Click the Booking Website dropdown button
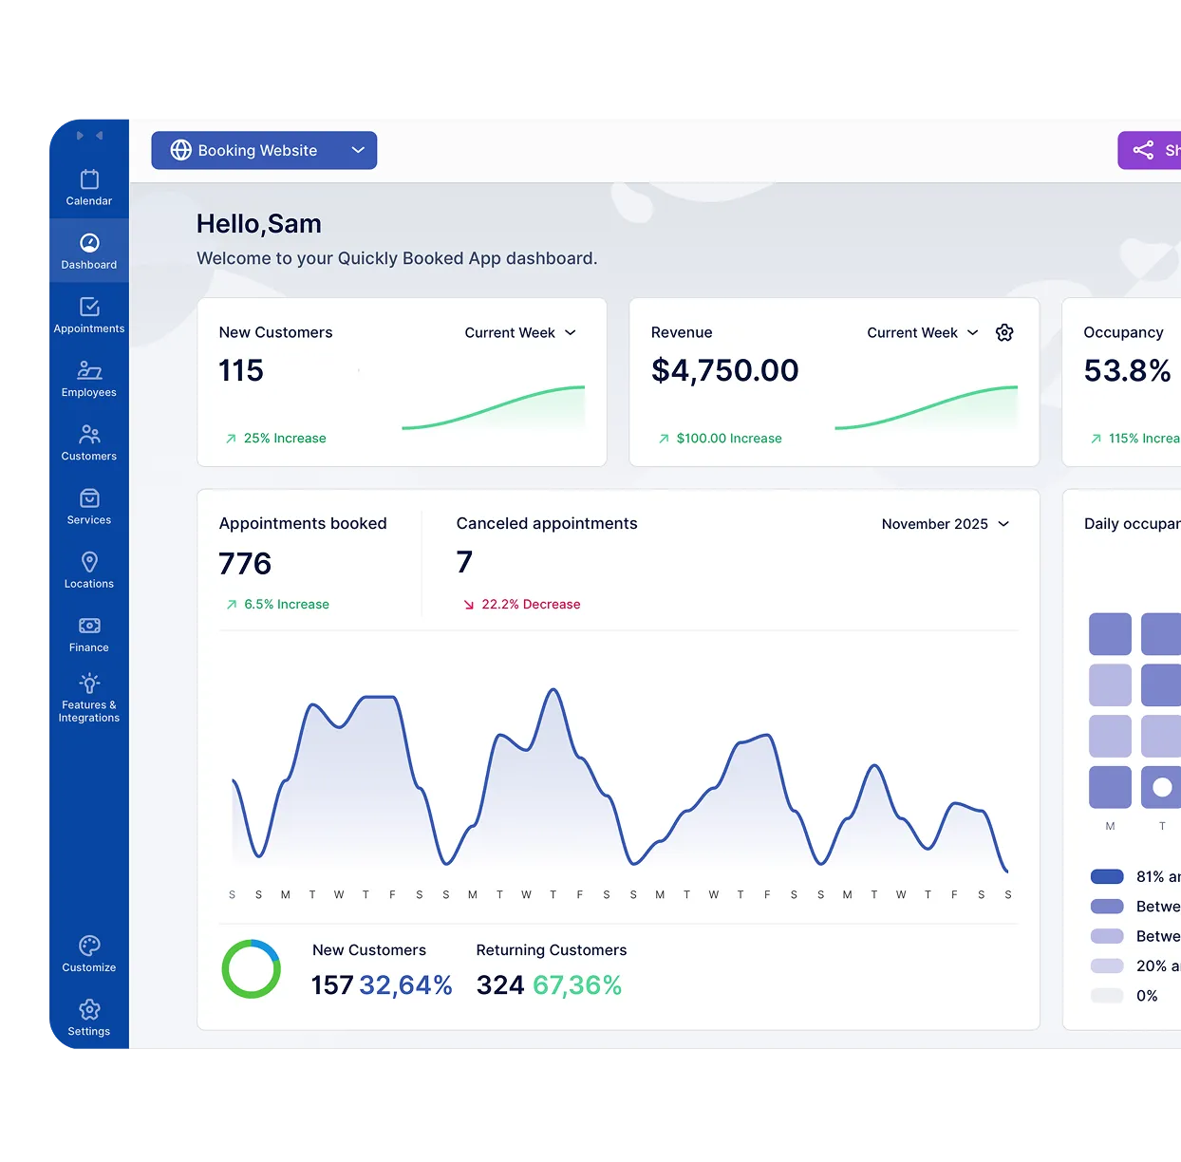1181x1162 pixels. [x=264, y=150]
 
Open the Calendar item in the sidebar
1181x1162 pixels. [x=89, y=187]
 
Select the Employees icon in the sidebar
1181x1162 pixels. [x=89, y=378]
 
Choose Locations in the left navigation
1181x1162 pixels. [x=89, y=570]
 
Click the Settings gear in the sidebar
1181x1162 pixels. [x=89, y=1017]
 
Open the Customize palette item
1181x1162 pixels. [x=89, y=953]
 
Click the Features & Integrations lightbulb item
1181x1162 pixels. [x=89, y=697]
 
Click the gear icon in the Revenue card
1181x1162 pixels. [x=1004, y=332]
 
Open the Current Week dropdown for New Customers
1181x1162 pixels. [x=520, y=332]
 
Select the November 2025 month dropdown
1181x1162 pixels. [x=945, y=524]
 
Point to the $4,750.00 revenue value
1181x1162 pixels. [x=724, y=370]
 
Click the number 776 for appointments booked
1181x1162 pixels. [x=245, y=564]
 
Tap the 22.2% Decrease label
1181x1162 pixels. [x=530, y=604]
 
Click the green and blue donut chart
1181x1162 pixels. [x=252, y=969]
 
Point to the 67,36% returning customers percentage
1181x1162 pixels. [x=577, y=985]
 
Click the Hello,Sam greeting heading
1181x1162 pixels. [x=259, y=224]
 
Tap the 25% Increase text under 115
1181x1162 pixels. [x=284, y=439]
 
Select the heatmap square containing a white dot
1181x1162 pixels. [x=1161, y=787]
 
